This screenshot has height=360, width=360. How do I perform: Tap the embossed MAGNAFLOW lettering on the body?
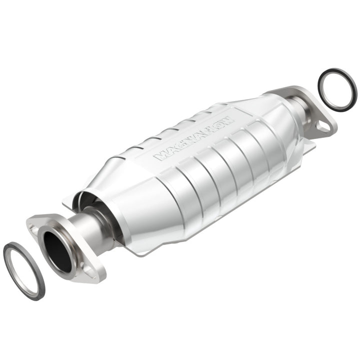pyautogui.click(x=193, y=137)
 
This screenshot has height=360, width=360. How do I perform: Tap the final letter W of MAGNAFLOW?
pyautogui.click(x=227, y=120)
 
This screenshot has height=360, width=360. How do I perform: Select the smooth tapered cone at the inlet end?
pyautogui.click(x=125, y=200)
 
